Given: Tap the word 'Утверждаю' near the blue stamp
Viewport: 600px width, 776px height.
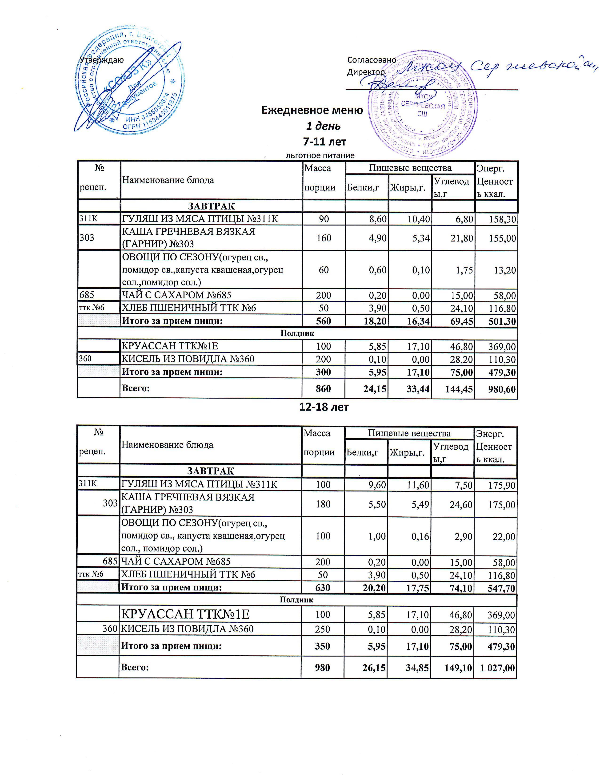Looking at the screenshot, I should coord(102,60).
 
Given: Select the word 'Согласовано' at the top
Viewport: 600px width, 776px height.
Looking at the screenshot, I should coord(372,60).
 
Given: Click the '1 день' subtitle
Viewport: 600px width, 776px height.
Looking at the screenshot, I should coord(324,126).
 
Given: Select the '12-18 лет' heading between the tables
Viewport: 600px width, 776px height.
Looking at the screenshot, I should coord(324,407).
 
